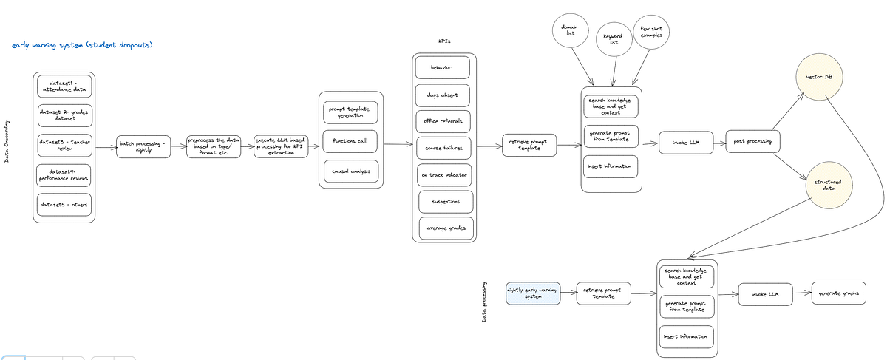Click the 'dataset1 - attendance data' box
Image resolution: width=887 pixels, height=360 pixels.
(64, 86)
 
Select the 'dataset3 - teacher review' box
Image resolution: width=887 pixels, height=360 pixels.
(64, 145)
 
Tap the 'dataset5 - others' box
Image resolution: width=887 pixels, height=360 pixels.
(64, 205)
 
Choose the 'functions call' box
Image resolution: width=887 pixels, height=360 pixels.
(351, 141)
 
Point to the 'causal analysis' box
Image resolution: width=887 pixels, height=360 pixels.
(351, 171)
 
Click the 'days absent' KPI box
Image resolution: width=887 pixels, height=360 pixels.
(443, 95)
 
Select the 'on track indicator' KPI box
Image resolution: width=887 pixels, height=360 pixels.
(443, 174)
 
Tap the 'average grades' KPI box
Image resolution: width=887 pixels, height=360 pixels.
(446, 228)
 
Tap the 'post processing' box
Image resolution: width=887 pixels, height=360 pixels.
(752, 141)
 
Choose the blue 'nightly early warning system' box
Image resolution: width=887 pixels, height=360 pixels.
(533, 294)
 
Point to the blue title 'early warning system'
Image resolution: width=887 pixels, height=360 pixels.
(83, 46)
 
